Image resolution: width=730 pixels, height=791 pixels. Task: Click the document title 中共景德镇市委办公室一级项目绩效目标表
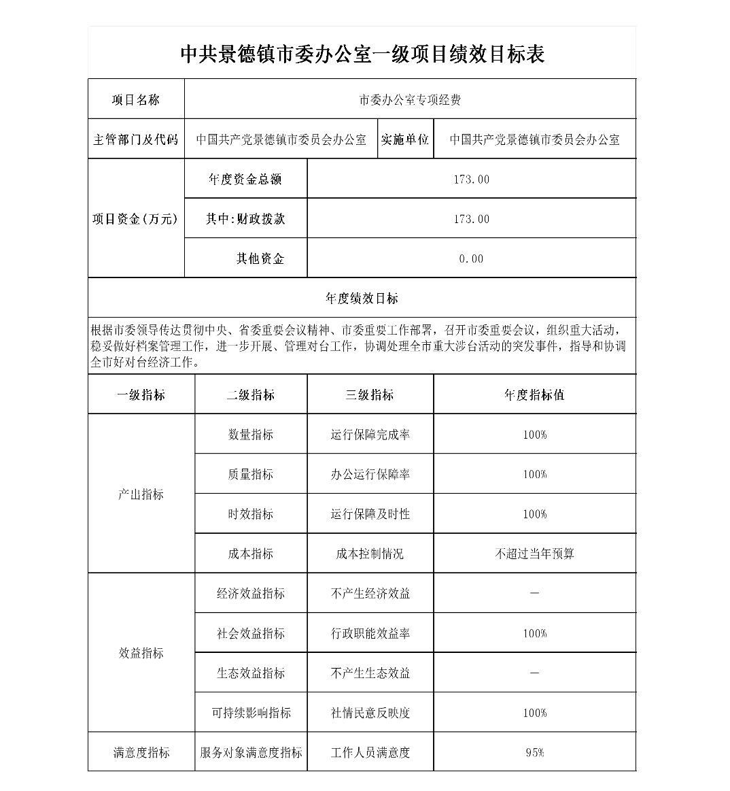click(362, 54)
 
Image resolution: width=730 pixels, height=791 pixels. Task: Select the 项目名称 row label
click(136, 100)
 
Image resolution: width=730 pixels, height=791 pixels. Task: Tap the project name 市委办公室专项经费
click(410, 100)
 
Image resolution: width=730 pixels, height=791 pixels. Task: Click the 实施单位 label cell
click(405, 139)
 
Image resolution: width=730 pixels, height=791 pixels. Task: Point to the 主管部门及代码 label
click(136, 139)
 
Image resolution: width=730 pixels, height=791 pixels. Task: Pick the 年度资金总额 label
click(245, 179)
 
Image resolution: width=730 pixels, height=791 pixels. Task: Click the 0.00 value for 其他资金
click(471, 258)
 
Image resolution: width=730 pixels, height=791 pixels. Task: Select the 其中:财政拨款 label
click(245, 219)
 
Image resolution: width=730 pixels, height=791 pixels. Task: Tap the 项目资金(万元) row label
click(135, 219)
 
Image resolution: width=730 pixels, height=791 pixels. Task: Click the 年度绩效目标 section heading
click(362, 298)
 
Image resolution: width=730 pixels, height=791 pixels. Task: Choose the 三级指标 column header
click(370, 395)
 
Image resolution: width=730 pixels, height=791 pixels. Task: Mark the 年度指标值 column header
click(534, 395)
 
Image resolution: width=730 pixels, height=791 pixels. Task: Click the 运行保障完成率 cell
click(370, 435)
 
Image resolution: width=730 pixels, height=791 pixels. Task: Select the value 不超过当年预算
click(534, 554)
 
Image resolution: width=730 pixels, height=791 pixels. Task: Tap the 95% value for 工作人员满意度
click(534, 752)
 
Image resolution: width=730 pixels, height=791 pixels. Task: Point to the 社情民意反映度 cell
click(370, 713)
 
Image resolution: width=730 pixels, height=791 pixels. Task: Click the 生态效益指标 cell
click(250, 673)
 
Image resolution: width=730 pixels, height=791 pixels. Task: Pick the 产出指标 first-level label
click(141, 494)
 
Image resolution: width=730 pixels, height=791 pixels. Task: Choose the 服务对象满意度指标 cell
click(251, 752)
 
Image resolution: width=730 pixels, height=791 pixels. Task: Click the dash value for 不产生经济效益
click(534, 593)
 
